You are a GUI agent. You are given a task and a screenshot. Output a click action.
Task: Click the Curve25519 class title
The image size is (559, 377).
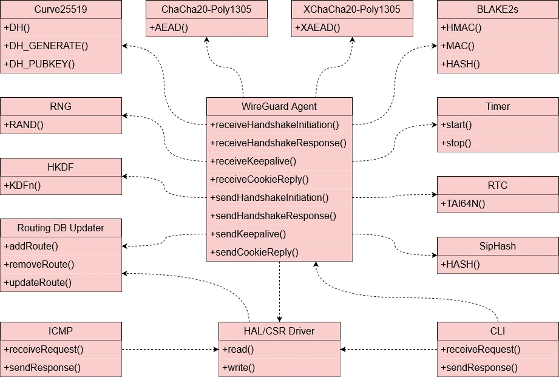[61, 10]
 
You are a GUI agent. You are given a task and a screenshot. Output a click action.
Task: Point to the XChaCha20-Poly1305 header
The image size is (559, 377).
[352, 10]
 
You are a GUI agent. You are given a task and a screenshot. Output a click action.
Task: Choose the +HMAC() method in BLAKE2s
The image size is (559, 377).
[461, 28]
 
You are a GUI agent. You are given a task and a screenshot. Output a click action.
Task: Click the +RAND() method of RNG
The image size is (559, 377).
[24, 125]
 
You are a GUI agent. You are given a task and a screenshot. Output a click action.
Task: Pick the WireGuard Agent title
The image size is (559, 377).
[279, 107]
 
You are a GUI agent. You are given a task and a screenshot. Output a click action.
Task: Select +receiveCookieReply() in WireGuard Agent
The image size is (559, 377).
[259, 180]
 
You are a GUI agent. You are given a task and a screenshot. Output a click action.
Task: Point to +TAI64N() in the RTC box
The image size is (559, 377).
[463, 204]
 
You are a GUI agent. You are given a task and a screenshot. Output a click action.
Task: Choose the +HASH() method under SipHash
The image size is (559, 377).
[460, 265]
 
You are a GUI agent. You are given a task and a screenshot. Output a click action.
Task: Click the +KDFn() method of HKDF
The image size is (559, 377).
[22, 186]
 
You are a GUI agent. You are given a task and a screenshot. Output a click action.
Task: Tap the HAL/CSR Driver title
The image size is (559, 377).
[279, 331]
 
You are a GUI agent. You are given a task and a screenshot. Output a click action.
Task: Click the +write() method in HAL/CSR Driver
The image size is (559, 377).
[239, 368]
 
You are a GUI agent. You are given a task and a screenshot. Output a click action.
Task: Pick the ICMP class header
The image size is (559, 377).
[61, 331]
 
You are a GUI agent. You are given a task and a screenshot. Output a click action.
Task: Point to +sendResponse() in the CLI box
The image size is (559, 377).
[479, 368]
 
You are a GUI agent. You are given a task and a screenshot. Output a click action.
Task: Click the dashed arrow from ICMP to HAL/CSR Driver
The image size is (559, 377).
[170, 350]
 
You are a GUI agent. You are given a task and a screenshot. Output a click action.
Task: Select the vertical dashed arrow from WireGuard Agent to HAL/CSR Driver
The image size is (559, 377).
[279, 291]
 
